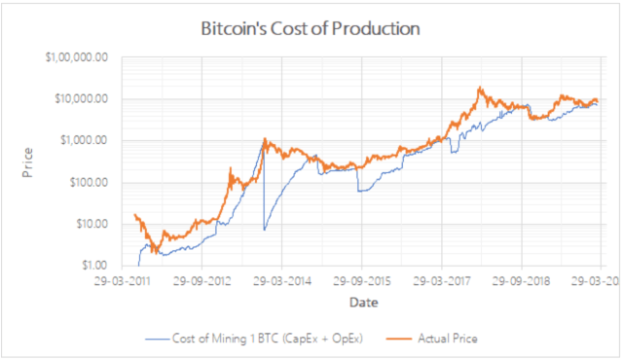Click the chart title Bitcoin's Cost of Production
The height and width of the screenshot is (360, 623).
(x=310, y=28)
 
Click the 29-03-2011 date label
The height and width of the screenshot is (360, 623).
(x=123, y=278)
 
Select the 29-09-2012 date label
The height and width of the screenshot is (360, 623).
(x=202, y=278)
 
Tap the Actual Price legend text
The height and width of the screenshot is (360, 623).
(x=448, y=339)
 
